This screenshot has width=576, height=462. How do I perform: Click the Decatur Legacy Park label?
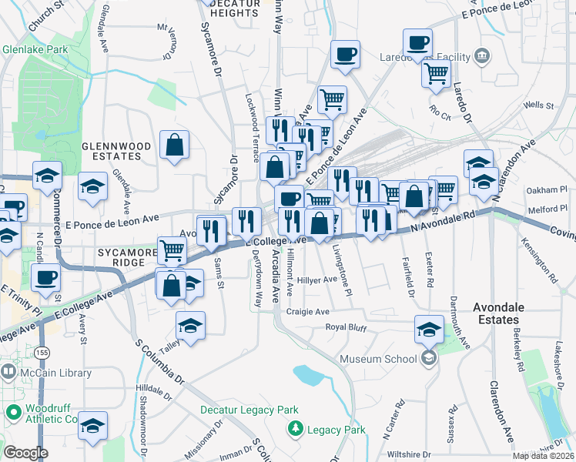click(249, 410)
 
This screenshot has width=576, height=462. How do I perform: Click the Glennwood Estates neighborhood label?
click(112, 150)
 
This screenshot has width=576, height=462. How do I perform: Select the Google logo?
click(25, 452)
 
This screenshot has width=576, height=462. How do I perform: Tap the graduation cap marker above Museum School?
click(429, 330)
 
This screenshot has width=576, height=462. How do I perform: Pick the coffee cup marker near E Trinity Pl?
click(46, 278)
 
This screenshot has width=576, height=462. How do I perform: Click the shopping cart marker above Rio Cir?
click(436, 75)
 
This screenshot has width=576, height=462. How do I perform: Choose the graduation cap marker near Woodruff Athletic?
click(92, 425)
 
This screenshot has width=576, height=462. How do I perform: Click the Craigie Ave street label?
click(307, 312)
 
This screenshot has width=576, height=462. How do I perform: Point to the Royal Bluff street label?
click(344, 326)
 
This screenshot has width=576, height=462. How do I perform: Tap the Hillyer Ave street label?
click(318, 280)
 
